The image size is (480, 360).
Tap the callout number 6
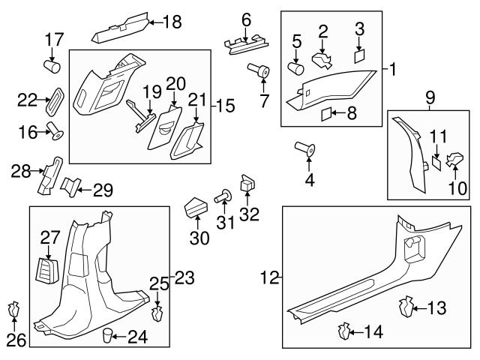click(245, 18)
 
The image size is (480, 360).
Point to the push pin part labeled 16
click(54, 133)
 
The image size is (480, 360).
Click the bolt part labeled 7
click(262, 71)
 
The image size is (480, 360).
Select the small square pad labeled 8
click(325, 114)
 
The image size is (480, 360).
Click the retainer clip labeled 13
click(406, 307)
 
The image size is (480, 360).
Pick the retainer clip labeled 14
click(346, 329)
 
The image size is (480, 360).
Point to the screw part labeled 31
click(223, 197)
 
